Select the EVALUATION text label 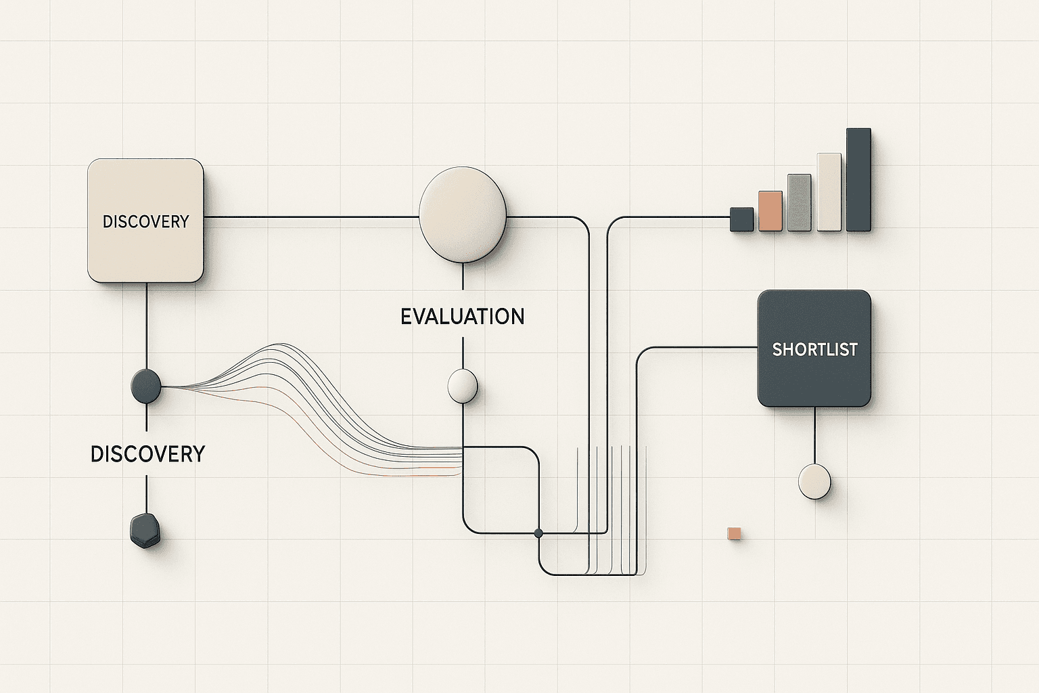(462, 317)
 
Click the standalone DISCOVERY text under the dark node (147, 453)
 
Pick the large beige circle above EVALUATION (463, 215)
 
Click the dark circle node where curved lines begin (145, 386)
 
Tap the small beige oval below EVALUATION (463, 386)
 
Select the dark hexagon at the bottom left (145, 531)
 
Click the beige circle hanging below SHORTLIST (814, 482)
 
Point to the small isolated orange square (734, 533)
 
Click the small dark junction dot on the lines (538, 533)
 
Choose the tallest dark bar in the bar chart (858, 179)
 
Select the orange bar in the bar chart (770, 211)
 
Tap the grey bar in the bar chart (799, 202)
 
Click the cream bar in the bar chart (829, 192)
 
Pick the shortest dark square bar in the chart (741, 219)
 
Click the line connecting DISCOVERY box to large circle (311, 217)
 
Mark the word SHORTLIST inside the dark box (814, 350)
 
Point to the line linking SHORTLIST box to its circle (814, 434)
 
